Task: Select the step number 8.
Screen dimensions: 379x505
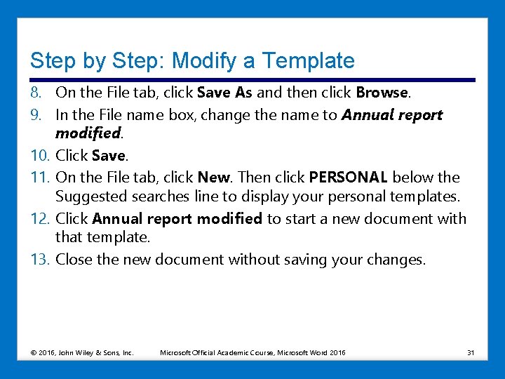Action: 38,93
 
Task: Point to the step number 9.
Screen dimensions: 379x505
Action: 38,114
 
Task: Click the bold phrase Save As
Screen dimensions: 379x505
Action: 224,93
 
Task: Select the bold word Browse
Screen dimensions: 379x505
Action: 382,93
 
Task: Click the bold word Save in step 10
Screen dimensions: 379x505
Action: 108,155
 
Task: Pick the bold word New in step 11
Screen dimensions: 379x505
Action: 213,177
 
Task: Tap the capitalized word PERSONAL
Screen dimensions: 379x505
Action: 348,177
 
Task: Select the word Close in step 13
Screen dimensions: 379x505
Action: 73,260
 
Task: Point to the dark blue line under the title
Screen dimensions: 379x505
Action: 252,79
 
